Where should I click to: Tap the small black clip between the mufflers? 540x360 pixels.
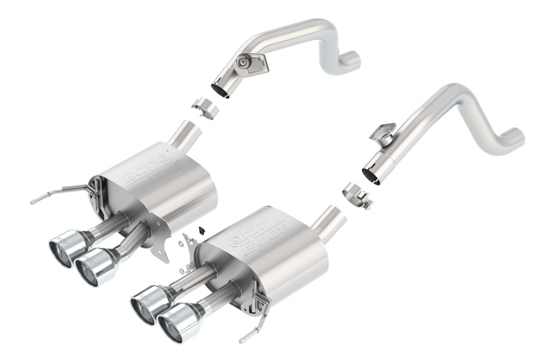click(x=200, y=228)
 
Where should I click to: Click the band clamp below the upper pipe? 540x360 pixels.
click(x=202, y=107)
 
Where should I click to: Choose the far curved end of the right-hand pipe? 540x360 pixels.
click(x=514, y=138)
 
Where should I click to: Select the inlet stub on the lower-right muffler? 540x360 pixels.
click(x=330, y=220)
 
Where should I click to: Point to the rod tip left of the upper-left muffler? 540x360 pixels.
click(x=33, y=201)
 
